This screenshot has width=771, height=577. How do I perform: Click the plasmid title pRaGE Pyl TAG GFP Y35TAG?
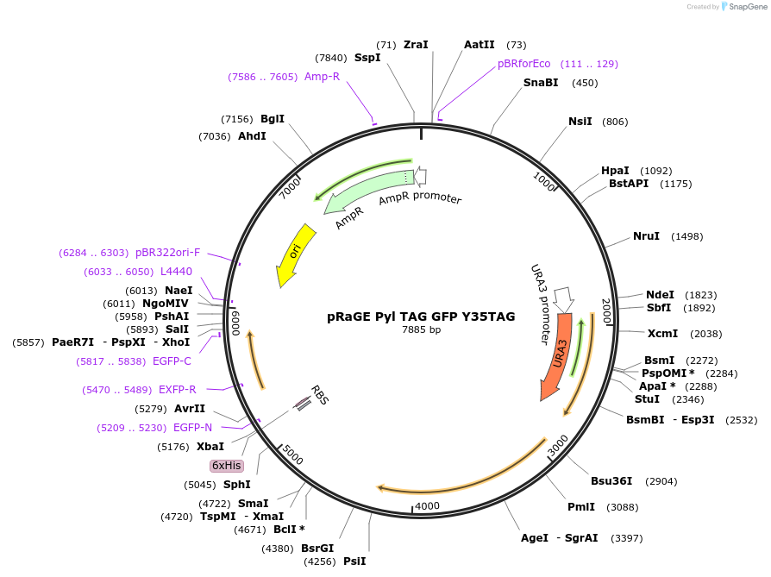421,317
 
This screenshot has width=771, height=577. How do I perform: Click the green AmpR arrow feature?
362,196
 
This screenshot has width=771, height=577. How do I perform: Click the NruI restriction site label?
646,236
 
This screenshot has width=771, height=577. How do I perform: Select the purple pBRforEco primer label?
523,64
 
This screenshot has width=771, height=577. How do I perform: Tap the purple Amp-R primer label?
322,77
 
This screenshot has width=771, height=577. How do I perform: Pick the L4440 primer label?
176,272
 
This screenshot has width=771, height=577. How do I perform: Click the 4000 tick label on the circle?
428,505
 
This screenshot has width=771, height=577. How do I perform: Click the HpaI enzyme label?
615,171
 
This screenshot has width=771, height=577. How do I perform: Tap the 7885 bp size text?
421,329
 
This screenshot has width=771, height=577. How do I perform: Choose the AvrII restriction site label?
190,408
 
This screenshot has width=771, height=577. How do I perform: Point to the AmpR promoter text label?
420,198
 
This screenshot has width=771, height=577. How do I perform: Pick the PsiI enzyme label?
354,561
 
